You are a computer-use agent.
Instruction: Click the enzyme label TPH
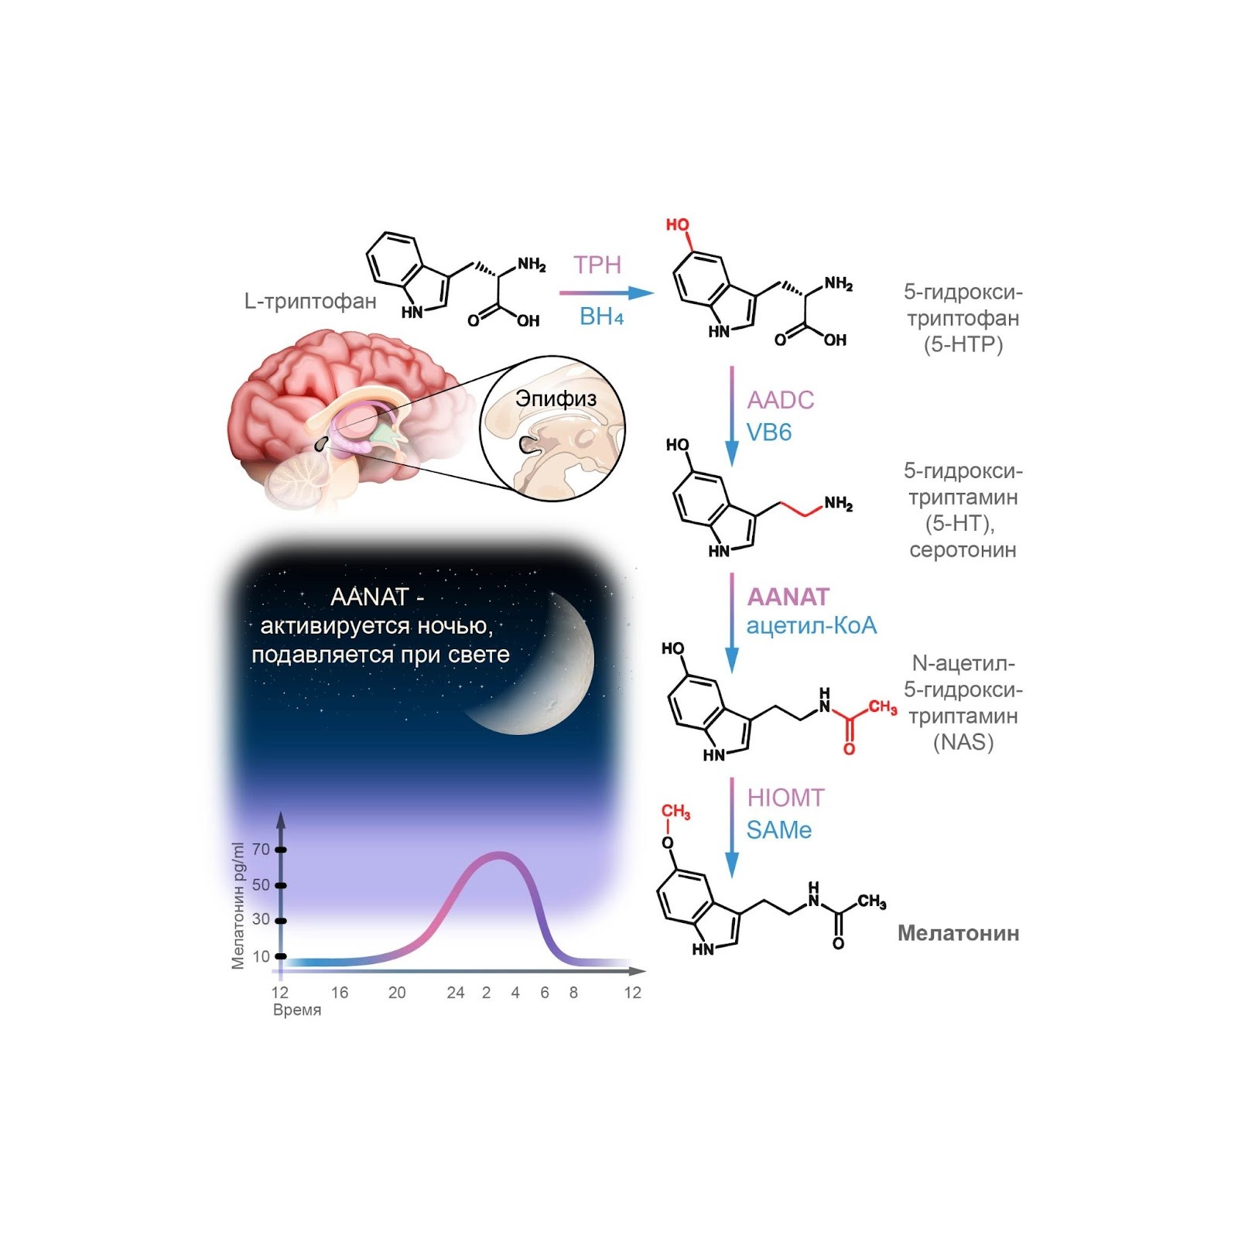[x=597, y=265]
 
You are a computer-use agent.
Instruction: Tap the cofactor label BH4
[x=601, y=316]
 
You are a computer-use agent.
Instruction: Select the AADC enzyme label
[x=780, y=400]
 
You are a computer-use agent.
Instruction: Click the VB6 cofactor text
[x=768, y=433]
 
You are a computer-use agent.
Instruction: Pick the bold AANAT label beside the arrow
[x=788, y=597]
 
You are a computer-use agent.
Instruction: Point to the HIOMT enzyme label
[x=785, y=798]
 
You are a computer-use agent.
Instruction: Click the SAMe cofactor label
[x=778, y=830]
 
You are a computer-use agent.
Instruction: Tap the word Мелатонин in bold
[x=958, y=933]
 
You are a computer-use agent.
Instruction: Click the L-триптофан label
[x=310, y=301]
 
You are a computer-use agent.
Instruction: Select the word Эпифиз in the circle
[x=556, y=399]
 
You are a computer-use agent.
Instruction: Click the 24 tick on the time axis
[x=455, y=993]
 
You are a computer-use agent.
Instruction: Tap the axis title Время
[x=296, y=1011]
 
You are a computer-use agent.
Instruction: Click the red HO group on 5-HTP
[x=677, y=225]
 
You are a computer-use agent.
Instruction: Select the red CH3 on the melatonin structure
[x=675, y=812]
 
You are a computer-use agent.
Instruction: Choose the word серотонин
[x=963, y=550]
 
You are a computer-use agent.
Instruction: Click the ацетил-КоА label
[x=811, y=625]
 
